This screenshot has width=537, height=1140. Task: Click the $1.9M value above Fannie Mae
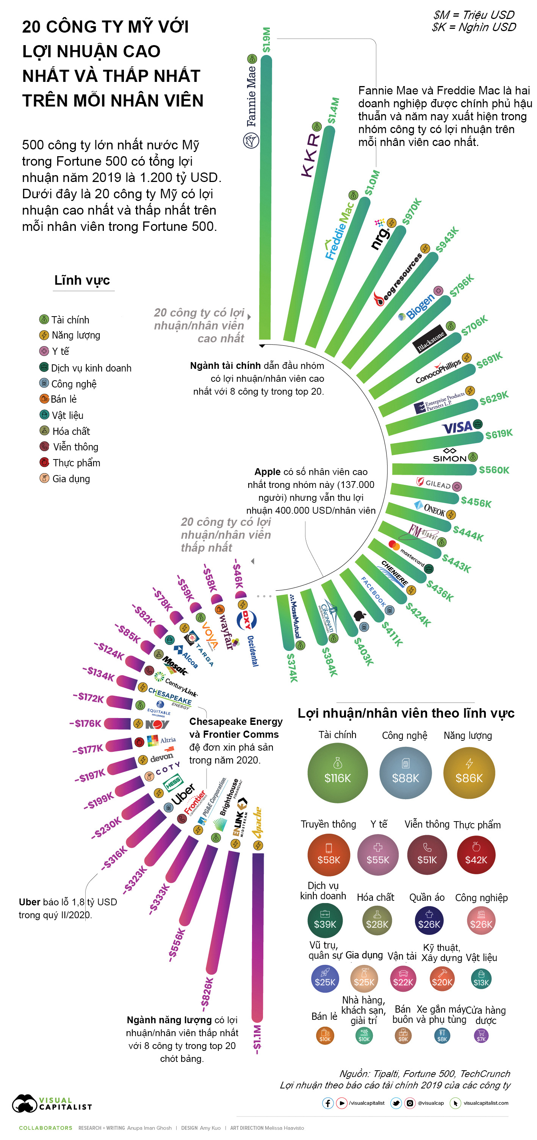coord(266,40)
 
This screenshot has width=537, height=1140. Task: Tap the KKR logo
coord(310,155)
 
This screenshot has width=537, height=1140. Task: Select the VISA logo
coord(457,427)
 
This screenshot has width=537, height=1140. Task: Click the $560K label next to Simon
coord(494,470)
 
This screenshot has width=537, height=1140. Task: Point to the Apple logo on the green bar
coord(360,615)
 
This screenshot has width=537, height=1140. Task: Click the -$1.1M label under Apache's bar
coord(257,1039)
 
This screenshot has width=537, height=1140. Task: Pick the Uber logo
coord(183,794)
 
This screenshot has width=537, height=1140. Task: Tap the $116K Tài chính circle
coord(338,773)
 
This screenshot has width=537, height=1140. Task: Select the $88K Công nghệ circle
coord(405,773)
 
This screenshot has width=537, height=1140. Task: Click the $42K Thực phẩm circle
coord(476,855)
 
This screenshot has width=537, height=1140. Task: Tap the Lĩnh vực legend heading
coord(82,280)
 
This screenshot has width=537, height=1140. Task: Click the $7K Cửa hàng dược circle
coord(481,1036)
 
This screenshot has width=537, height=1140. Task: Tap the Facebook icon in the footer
coord(327,1103)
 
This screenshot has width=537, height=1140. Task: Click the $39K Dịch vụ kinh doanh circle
coord(325,920)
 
